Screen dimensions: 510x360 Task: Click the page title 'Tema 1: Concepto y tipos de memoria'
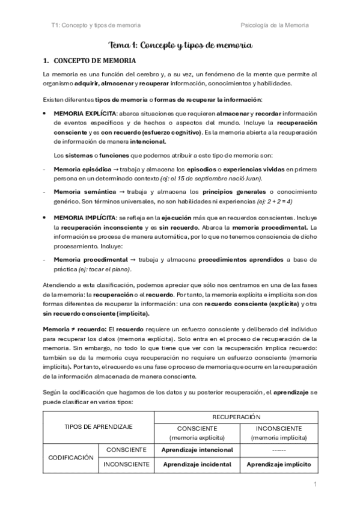(x=180, y=45)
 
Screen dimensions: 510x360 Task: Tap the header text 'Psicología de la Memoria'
(x=275, y=25)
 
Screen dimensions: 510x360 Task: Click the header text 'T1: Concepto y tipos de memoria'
(x=96, y=25)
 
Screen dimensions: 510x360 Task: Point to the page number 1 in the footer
(x=314, y=484)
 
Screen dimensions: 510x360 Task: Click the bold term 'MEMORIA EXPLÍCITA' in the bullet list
(x=81, y=114)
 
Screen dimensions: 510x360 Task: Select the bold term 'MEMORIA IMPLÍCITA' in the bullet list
(x=81, y=220)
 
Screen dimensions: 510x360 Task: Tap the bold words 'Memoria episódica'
(x=81, y=169)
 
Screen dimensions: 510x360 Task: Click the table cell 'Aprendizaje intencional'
(x=197, y=449)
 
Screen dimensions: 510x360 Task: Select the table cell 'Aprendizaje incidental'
(x=197, y=465)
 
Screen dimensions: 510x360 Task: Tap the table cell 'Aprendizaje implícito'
(x=278, y=465)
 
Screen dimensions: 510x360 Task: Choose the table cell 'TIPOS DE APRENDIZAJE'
(x=99, y=426)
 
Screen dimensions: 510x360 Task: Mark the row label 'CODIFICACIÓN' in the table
(x=72, y=457)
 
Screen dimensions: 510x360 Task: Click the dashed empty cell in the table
(x=278, y=449)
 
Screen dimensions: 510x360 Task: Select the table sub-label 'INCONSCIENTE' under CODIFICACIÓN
(x=127, y=465)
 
